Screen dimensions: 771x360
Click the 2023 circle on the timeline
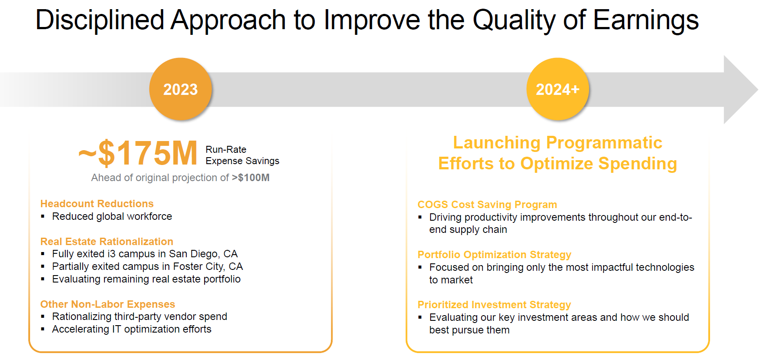coord(181,89)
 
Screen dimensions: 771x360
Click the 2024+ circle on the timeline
coord(558,89)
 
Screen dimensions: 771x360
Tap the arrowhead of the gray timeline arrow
coord(741,90)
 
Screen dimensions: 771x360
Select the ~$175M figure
coord(138,153)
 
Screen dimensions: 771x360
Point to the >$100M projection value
coord(251,178)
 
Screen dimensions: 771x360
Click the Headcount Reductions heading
coord(97,204)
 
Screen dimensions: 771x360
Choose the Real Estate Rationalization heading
coord(107,242)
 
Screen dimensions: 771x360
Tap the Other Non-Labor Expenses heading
coord(108,304)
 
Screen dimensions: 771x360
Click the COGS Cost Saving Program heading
coord(487,205)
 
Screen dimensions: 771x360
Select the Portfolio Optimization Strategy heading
coord(494,255)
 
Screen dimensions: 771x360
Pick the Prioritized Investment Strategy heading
coord(494,305)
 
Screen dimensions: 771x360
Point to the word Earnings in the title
coord(646,20)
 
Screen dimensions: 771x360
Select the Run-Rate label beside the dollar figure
coord(226,149)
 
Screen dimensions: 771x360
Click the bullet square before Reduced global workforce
coord(43,216)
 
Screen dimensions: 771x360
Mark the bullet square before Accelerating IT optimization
coord(43,329)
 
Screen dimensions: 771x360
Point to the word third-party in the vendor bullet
coord(141,316)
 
